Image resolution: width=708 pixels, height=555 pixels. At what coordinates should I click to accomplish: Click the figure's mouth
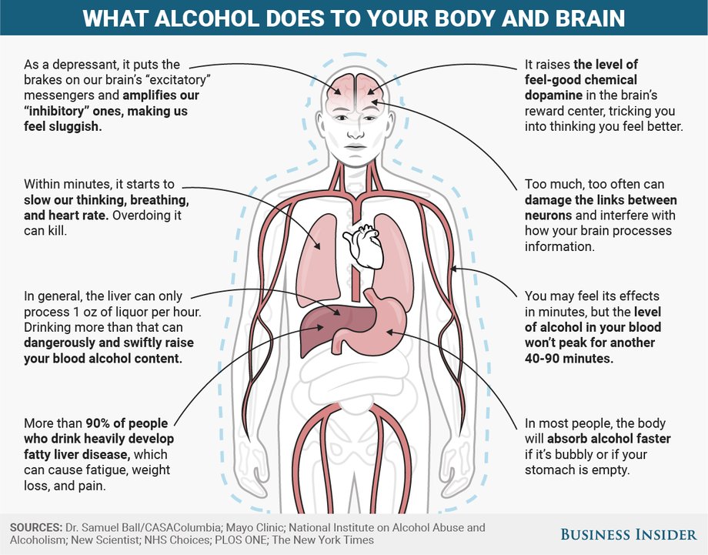pyautogui.click(x=356, y=147)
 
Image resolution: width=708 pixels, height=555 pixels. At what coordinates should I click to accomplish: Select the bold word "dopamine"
pyautogui.click(x=553, y=95)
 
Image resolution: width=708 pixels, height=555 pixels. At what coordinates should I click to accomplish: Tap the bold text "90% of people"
pyautogui.click(x=127, y=423)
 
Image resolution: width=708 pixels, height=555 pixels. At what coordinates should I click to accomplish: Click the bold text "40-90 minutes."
pyautogui.click(x=569, y=358)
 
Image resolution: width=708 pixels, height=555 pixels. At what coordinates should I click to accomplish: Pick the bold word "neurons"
pyautogui.click(x=548, y=216)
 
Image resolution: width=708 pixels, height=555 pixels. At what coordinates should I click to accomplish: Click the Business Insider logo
pyautogui.click(x=629, y=535)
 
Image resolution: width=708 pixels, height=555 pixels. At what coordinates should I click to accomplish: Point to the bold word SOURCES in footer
pyautogui.click(x=36, y=527)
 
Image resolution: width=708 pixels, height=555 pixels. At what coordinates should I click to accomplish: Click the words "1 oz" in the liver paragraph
pyautogui.click(x=82, y=312)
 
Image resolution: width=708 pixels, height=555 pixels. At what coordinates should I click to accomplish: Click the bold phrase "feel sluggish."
pyautogui.click(x=63, y=126)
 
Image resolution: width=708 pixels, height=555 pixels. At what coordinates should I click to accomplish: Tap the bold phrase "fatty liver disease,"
pyautogui.click(x=77, y=454)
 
